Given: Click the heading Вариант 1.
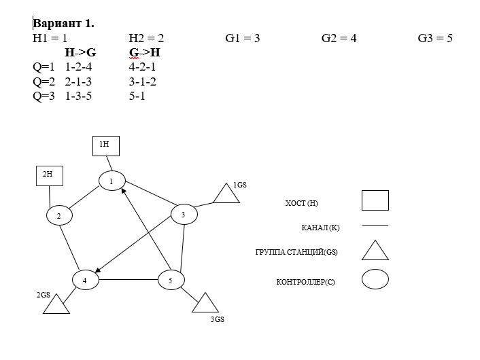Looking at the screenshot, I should coord(63,23).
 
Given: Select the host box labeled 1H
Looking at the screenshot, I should coord(105,145).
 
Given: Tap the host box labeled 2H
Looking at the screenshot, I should coord(49,175).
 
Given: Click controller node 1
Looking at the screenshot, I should coord(112,181).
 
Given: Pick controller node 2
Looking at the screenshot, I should coord(60,215).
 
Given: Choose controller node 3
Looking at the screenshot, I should coord(184,215).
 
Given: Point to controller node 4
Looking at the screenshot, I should coord(86,279).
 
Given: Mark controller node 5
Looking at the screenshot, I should coord(171,279).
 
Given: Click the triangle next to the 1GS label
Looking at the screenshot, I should coord(226,194).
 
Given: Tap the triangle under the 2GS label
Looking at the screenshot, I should coord(56,305).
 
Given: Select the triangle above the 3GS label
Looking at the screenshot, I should coord(205,304).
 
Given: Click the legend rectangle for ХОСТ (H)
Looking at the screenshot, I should coord(375,200).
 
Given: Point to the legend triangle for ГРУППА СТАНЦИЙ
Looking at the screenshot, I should coord(375,251).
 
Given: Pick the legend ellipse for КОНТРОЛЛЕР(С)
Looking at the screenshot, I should coord(375,279).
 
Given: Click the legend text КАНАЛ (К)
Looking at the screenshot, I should coord(320,228).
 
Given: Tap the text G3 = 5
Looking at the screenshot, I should coord(435,38).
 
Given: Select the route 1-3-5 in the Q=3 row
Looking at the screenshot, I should coord(78,96).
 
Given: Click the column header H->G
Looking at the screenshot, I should coord(80,52).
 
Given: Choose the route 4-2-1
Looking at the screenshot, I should coord(142,67).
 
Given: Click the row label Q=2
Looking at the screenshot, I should coord(43,82).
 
